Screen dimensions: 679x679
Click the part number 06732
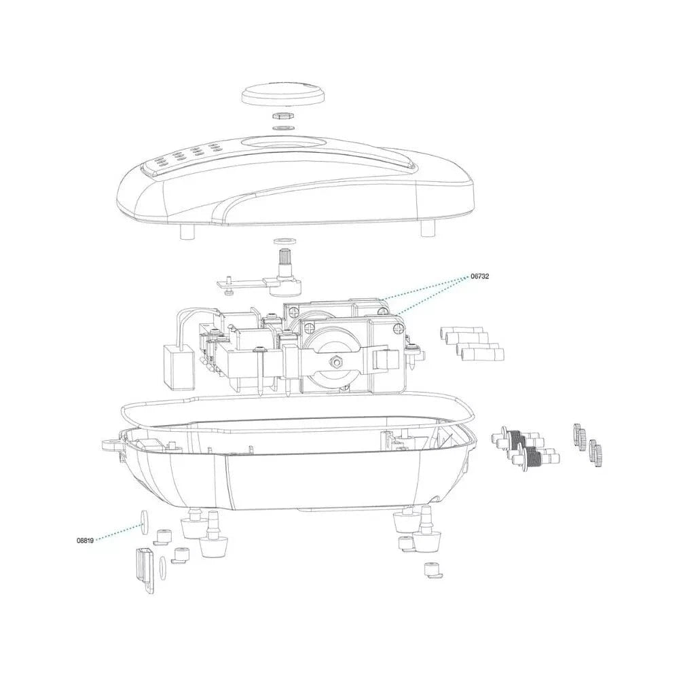[480, 277]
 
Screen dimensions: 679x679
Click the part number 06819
[86, 541]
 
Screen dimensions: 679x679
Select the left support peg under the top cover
[186, 232]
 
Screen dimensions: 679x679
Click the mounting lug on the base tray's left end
[112, 445]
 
